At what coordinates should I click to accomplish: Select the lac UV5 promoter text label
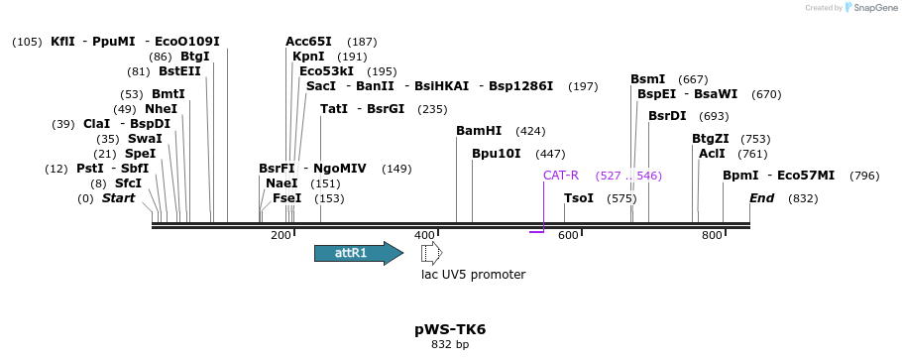coord(473,275)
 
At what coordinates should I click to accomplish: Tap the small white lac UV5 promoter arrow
coord(431,253)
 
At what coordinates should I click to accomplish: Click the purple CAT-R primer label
coord(560,176)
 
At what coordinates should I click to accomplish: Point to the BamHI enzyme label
coord(479,131)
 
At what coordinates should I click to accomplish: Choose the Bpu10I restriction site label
coord(496,154)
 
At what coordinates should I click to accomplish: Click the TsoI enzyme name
coord(579,198)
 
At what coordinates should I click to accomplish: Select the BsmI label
coord(648,79)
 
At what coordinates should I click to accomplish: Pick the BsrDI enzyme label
coord(667,116)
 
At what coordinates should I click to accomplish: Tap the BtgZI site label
coord(711,139)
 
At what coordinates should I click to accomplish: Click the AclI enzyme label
coord(712,154)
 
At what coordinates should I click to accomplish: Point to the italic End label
coord(761,198)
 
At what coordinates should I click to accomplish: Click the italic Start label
coord(118,198)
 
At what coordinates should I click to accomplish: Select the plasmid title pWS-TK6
coord(450,329)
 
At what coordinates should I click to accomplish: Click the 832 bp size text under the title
coord(450,345)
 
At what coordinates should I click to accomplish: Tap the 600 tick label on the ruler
coord(568,235)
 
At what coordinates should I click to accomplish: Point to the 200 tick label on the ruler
coord(281,235)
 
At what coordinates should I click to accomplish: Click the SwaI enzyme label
coord(145,139)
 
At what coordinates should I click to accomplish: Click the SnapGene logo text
coord(873,8)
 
